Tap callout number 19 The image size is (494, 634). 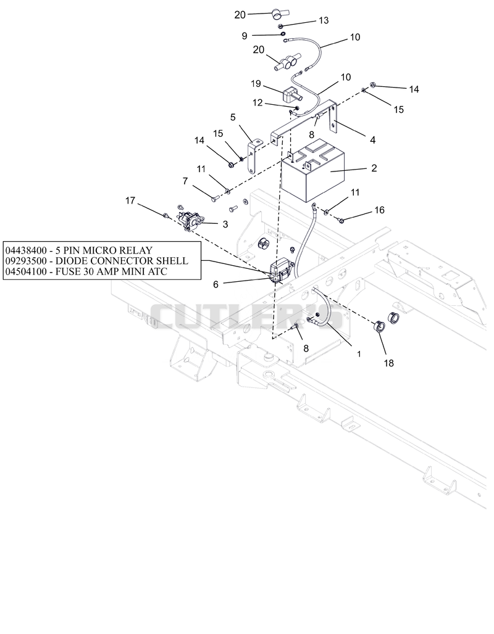256,84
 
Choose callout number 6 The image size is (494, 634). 216,285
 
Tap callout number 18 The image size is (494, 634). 389,363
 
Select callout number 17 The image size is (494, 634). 130,200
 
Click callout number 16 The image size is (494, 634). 379,210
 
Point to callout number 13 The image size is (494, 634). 324,20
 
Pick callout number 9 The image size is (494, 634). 244,36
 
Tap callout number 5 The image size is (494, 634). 233,117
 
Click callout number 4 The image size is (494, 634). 372,140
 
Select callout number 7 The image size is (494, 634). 185,181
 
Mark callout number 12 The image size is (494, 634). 257,103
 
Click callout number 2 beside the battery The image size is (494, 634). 374,168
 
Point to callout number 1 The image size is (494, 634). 359,354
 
